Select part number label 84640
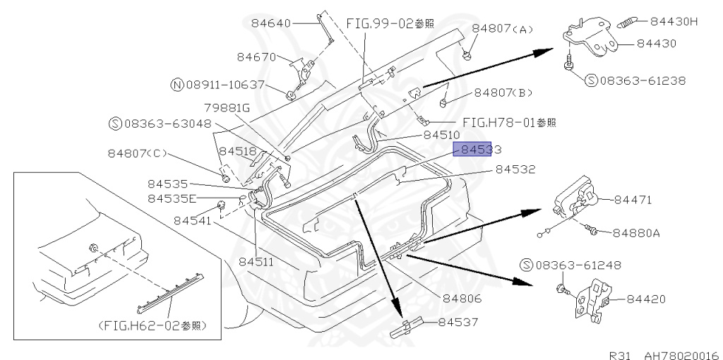tap(271, 23)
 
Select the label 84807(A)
tap(503, 29)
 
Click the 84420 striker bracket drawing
tap(592, 300)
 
